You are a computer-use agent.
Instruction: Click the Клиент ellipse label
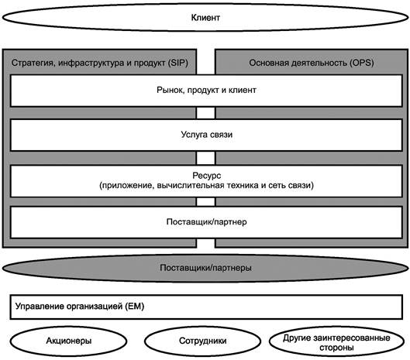pyautogui.click(x=205, y=18)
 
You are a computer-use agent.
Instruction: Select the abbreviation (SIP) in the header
pyautogui.click(x=177, y=63)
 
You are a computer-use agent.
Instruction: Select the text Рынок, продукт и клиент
pyautogui.click(x=206, y=90)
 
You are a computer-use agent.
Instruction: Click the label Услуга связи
pyautogui.click(x=207, y=135)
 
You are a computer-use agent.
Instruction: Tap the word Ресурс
pyautogui.click(x=207, y=176)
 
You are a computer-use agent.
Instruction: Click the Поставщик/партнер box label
pyautogui.click(x=207, y=221)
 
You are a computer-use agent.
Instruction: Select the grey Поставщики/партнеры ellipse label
pyautogui.click(x=205, y=268)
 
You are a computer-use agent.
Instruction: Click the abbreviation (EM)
pyautogui.click(x=134, y=306)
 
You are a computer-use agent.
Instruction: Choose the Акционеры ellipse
pyautogui.click(x=68, y=341)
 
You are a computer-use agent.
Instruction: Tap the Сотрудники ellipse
pyautogui.click(x=202, y=341)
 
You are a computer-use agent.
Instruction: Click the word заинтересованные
pyautogui.click(x=351, y=338)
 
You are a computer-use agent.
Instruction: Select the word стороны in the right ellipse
pyautogui.click(x=336, y=348)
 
